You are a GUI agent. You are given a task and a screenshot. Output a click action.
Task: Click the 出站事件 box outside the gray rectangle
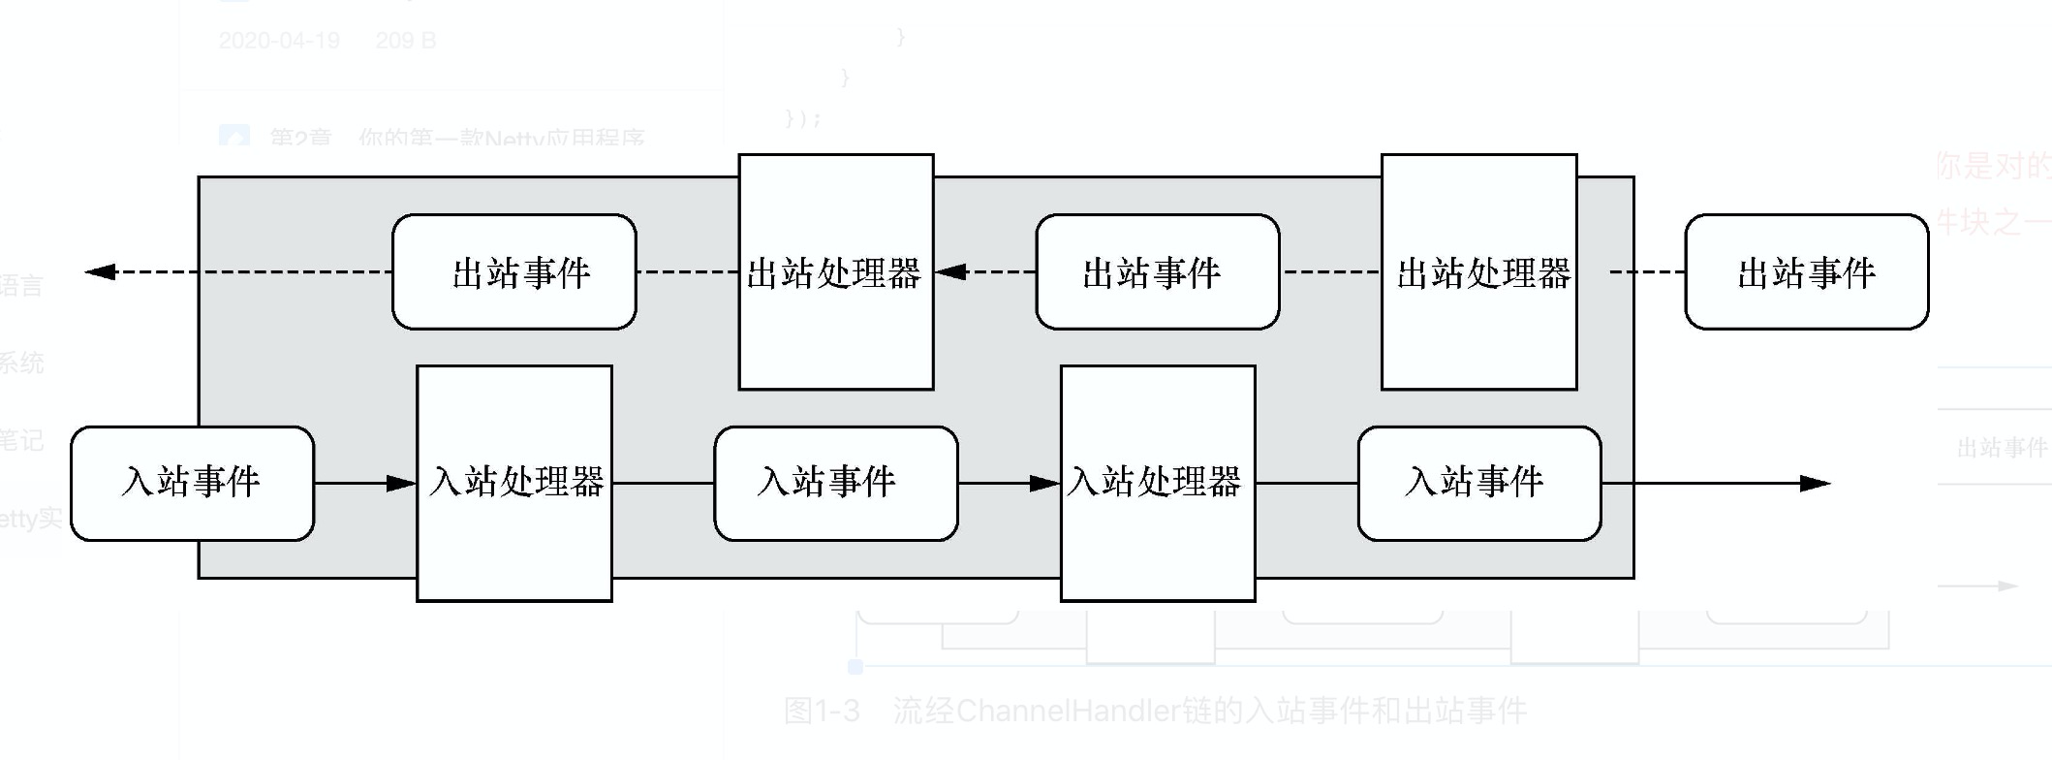click(x=1806, y=272)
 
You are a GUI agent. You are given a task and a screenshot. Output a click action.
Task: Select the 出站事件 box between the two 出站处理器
click(x=1157, y=272)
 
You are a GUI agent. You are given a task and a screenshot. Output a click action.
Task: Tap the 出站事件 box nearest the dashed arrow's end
click(x=513, y=272)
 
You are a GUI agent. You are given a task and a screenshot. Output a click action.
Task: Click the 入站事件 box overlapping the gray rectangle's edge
click(x=192, y=483)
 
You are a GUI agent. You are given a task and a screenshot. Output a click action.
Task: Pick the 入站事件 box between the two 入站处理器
click(x=835, y=483)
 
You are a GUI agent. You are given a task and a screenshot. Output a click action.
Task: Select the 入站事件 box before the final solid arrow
click(x=1478, y=483)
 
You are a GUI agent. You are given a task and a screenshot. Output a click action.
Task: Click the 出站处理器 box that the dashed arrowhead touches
click(x=835, y=272)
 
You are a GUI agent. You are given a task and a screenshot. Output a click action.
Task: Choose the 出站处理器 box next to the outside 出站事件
click(x=1478, y=272)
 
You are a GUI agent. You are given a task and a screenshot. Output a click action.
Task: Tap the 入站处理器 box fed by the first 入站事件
click(x=513, y=483)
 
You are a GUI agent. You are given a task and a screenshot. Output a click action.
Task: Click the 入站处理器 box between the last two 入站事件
click(x=1158, y=483)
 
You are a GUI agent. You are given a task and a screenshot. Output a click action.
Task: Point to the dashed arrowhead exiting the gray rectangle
click(x=101, y=272)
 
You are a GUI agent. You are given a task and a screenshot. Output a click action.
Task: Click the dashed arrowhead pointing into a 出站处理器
click(x=951, y=272)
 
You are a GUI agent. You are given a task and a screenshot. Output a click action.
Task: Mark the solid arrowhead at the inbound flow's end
click(x=1815, y=483)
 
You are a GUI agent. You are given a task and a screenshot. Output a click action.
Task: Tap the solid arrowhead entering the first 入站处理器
click(x=401, y=483)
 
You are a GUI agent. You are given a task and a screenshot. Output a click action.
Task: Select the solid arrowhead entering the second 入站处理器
click(x=1044, y=483)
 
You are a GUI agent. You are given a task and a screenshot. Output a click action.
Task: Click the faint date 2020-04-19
click(x=279, y=41)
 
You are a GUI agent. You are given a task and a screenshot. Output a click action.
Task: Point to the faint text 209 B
click(x=406, y=41)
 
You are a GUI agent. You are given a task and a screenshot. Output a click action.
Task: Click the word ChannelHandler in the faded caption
click(x=1068, y=711)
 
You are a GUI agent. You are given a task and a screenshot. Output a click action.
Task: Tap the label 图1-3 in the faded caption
click(x=822, y=711)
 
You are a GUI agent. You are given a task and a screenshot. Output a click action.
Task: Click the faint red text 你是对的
click(x=1992, y=166)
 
